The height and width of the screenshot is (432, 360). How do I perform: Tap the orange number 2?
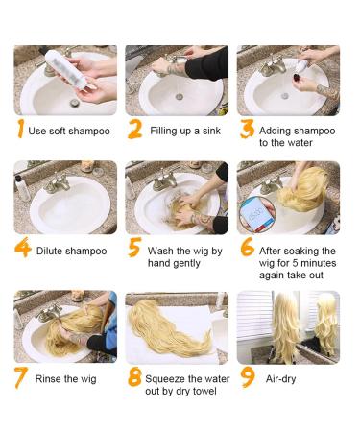pos(134,129)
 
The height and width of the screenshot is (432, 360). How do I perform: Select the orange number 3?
pos(246,130)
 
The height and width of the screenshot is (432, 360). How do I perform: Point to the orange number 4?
pos(21,248)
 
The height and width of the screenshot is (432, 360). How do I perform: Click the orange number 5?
pos(134,249)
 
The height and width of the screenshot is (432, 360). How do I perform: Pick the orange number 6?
pos(247,249)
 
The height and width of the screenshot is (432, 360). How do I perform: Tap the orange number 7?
pos(19,377)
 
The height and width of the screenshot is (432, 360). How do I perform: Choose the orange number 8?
pos(134,377)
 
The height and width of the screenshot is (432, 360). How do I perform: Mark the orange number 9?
pos(248,377)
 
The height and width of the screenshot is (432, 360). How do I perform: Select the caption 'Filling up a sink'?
pos(182,131)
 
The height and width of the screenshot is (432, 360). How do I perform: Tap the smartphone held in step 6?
pos(257,211)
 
